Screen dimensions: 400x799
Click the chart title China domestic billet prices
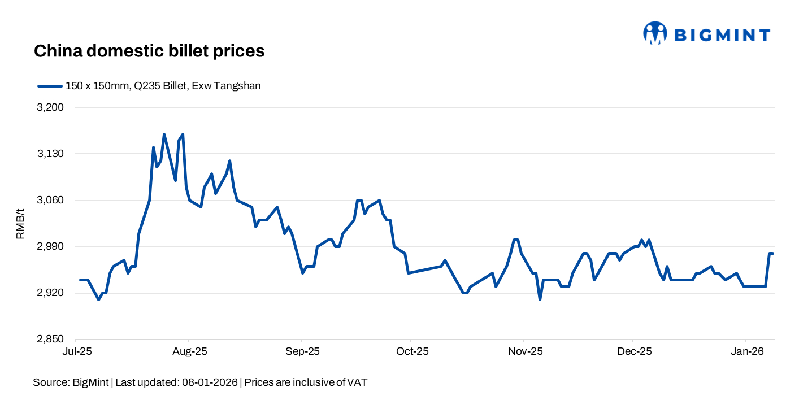point(149,51)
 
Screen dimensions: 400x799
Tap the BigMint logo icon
point(655,33)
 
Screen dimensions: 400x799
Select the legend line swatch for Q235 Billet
point(49,86)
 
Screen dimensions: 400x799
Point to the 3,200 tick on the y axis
point(51,107)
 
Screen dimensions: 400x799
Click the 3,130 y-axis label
point(51,154)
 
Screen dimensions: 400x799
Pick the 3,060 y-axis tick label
point(51,201)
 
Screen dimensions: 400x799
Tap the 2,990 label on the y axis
point(51,247)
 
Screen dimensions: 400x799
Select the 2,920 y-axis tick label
point(51,293)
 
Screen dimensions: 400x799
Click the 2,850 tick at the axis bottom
point(51,340)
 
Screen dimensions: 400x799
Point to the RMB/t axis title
point(20,224)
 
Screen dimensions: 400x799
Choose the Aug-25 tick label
point(189,351)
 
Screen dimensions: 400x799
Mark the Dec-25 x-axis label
point(633,351)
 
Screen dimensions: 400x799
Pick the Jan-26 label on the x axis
point(746,351)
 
